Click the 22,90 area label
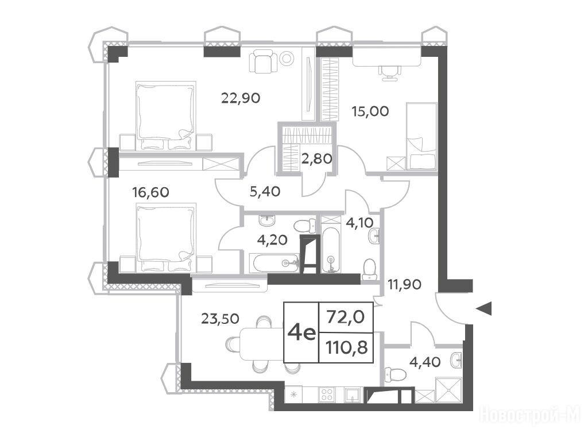point(241,98)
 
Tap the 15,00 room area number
point(370,111)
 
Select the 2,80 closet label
point(316,159)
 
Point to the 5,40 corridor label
point(265,192)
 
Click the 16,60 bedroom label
point(151,192)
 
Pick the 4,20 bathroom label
point(272,239)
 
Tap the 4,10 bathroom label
point(359,223)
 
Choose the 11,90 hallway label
point(405,285)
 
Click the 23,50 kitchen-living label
point(220,319)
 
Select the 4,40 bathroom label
point(425,362)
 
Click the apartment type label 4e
point(301,332)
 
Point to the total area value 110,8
point(346,349)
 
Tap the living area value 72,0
point(346,317)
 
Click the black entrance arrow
point(483,308)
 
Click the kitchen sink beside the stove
point(352,395)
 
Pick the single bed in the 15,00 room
point(421,137)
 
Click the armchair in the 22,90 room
point(263,62)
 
